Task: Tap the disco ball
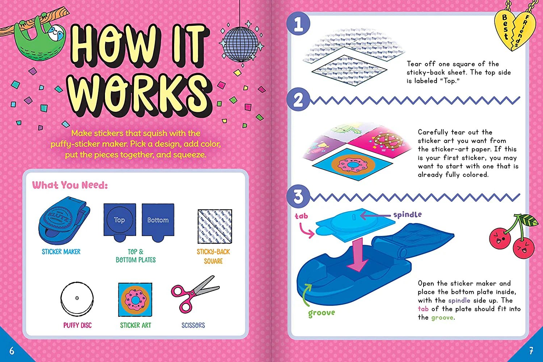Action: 240,44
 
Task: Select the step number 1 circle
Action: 298,24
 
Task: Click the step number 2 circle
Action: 298,100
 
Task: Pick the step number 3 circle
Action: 298,197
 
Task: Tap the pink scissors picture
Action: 194,294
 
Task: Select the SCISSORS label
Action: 193,325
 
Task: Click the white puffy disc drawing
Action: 77,299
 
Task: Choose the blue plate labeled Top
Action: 120,221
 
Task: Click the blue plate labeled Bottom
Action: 158,221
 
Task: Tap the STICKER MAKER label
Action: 61,252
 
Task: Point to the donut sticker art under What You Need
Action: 135,300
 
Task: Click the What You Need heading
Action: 70,185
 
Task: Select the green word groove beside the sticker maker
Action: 321,313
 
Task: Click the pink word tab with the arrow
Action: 301,216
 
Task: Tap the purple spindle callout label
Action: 407,215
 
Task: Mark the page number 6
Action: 12,350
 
